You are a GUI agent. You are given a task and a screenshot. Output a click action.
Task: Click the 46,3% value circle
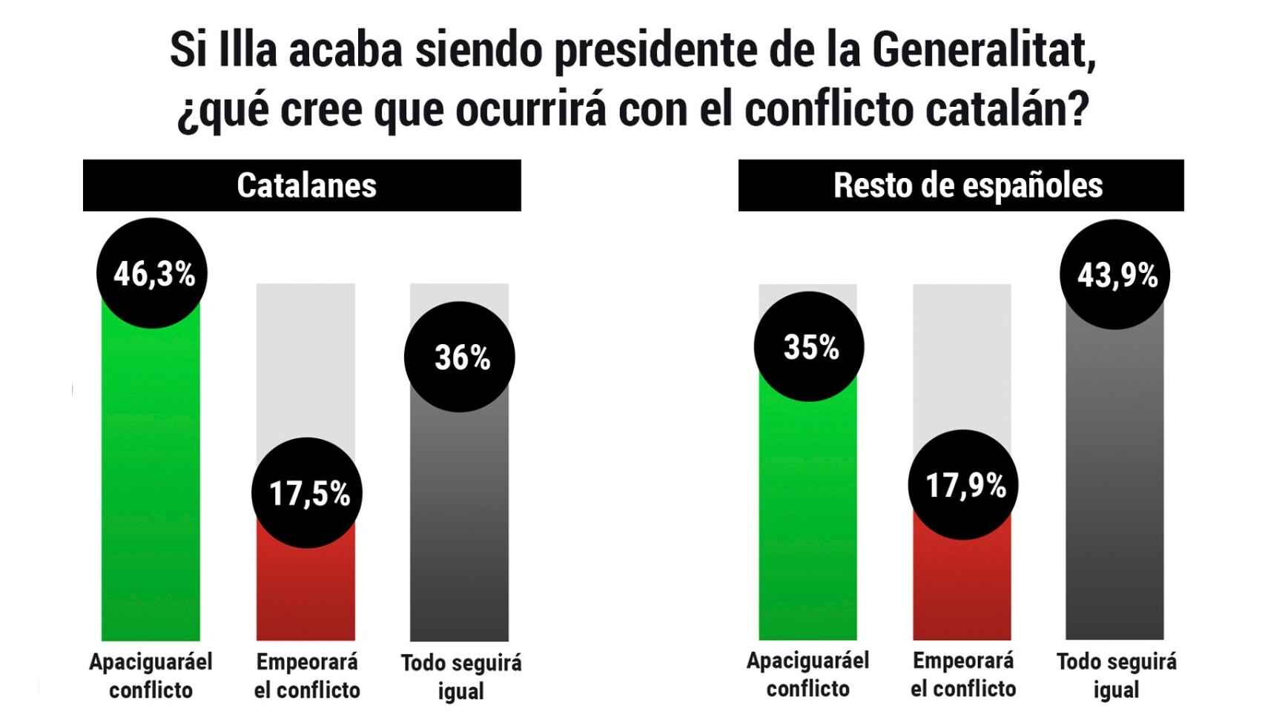[152, 273]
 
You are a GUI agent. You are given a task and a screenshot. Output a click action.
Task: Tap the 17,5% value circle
[307, 492]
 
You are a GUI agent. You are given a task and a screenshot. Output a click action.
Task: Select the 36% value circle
[460, 357]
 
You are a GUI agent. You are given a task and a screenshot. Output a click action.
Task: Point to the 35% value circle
[809, 346]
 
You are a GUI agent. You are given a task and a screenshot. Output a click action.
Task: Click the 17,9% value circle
[963, 485]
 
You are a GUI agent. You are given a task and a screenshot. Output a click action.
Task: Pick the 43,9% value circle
[1115, 274]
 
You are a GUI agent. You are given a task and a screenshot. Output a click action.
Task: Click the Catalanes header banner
[302, 185]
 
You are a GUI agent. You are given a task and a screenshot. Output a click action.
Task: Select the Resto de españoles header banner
[961, 185]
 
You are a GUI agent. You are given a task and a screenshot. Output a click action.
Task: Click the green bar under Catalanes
[151, 482]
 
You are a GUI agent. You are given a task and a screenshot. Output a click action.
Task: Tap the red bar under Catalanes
[305, 593]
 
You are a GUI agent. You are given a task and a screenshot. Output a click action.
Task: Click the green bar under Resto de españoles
[807, 519]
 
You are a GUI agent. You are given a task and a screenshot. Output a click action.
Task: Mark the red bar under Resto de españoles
[962, 586]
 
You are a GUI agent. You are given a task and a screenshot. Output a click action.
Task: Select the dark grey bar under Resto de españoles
[1115, 482]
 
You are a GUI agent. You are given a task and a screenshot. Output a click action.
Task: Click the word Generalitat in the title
[983, 50]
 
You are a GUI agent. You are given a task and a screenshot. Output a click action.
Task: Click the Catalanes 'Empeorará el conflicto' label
[307, 676]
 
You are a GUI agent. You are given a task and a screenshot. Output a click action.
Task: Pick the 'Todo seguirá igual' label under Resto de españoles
[1116, 675]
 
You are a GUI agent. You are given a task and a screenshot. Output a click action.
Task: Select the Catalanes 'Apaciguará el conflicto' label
[151, 676]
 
